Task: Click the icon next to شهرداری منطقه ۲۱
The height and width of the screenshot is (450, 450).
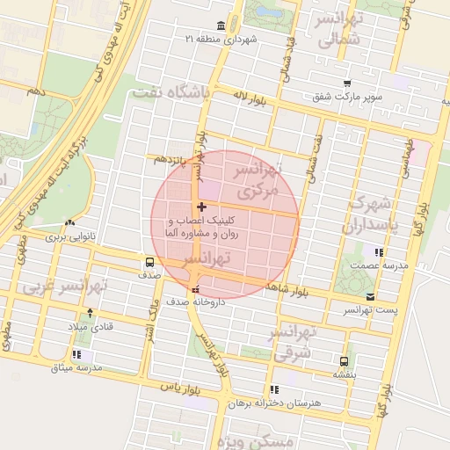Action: click(218, 25)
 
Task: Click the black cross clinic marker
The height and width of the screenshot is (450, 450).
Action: click(202, 206)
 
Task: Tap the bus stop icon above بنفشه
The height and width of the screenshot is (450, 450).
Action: click(344, 360)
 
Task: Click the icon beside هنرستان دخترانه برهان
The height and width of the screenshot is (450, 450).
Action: click(275, 389)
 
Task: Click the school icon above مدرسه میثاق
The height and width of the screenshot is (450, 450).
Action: click(76, 353)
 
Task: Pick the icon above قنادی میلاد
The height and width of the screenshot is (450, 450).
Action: click(89, 312)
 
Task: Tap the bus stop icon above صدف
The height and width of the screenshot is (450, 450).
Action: click(149, 262)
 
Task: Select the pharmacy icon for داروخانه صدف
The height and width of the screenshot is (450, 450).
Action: click(195, 289)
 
